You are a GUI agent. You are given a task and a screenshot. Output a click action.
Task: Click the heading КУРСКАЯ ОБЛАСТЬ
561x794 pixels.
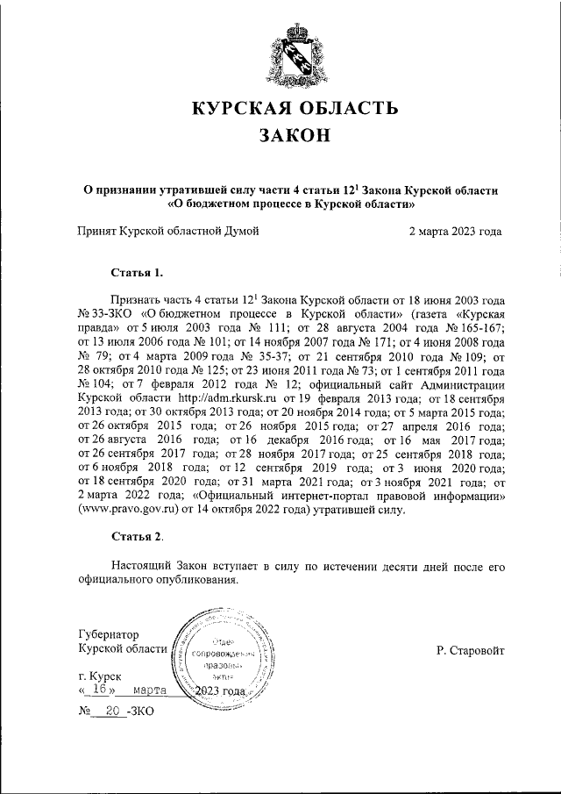(295, 110)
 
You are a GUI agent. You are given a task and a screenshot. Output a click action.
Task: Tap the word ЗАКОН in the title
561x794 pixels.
(295, 136)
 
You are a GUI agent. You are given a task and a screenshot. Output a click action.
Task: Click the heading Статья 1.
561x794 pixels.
(138, 272)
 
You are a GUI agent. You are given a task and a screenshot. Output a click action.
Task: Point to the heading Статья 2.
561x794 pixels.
(138, 534)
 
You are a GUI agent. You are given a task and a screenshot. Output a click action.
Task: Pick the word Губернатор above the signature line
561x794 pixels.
(108, 633)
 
